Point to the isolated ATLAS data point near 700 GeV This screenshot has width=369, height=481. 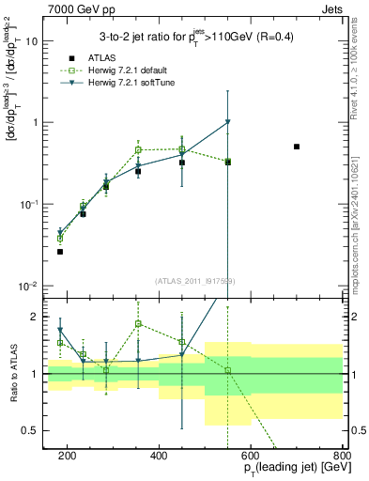297,147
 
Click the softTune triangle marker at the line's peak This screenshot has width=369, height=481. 227,122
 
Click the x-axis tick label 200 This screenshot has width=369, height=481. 67,456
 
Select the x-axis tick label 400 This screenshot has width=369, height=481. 159,456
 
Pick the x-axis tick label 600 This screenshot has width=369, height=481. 250,456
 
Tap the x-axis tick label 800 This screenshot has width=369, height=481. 341,456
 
